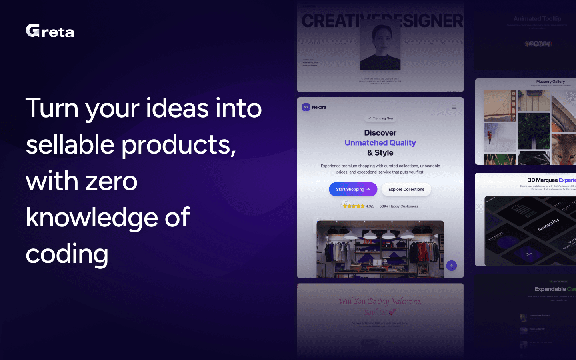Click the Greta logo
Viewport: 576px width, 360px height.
[50, 31]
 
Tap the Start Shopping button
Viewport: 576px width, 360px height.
[353, 189]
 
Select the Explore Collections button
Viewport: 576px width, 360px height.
[406, 189]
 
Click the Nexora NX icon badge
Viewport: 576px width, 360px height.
[306, 107]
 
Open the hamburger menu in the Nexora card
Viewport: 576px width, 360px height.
[454, 107]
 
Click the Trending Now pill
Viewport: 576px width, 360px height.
[380, 118]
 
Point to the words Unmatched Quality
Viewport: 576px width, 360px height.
[380, 143]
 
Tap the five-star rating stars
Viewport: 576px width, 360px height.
[354, 206]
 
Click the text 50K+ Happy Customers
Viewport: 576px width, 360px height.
[398, 206]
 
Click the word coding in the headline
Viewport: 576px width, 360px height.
[67, 254]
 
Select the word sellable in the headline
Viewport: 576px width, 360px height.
[70, 144]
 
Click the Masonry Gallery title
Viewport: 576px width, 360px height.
[550, 82]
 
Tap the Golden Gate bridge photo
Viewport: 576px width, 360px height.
[500, 106]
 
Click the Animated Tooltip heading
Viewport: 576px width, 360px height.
[537, 19]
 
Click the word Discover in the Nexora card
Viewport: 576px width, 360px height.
[380, 133]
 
